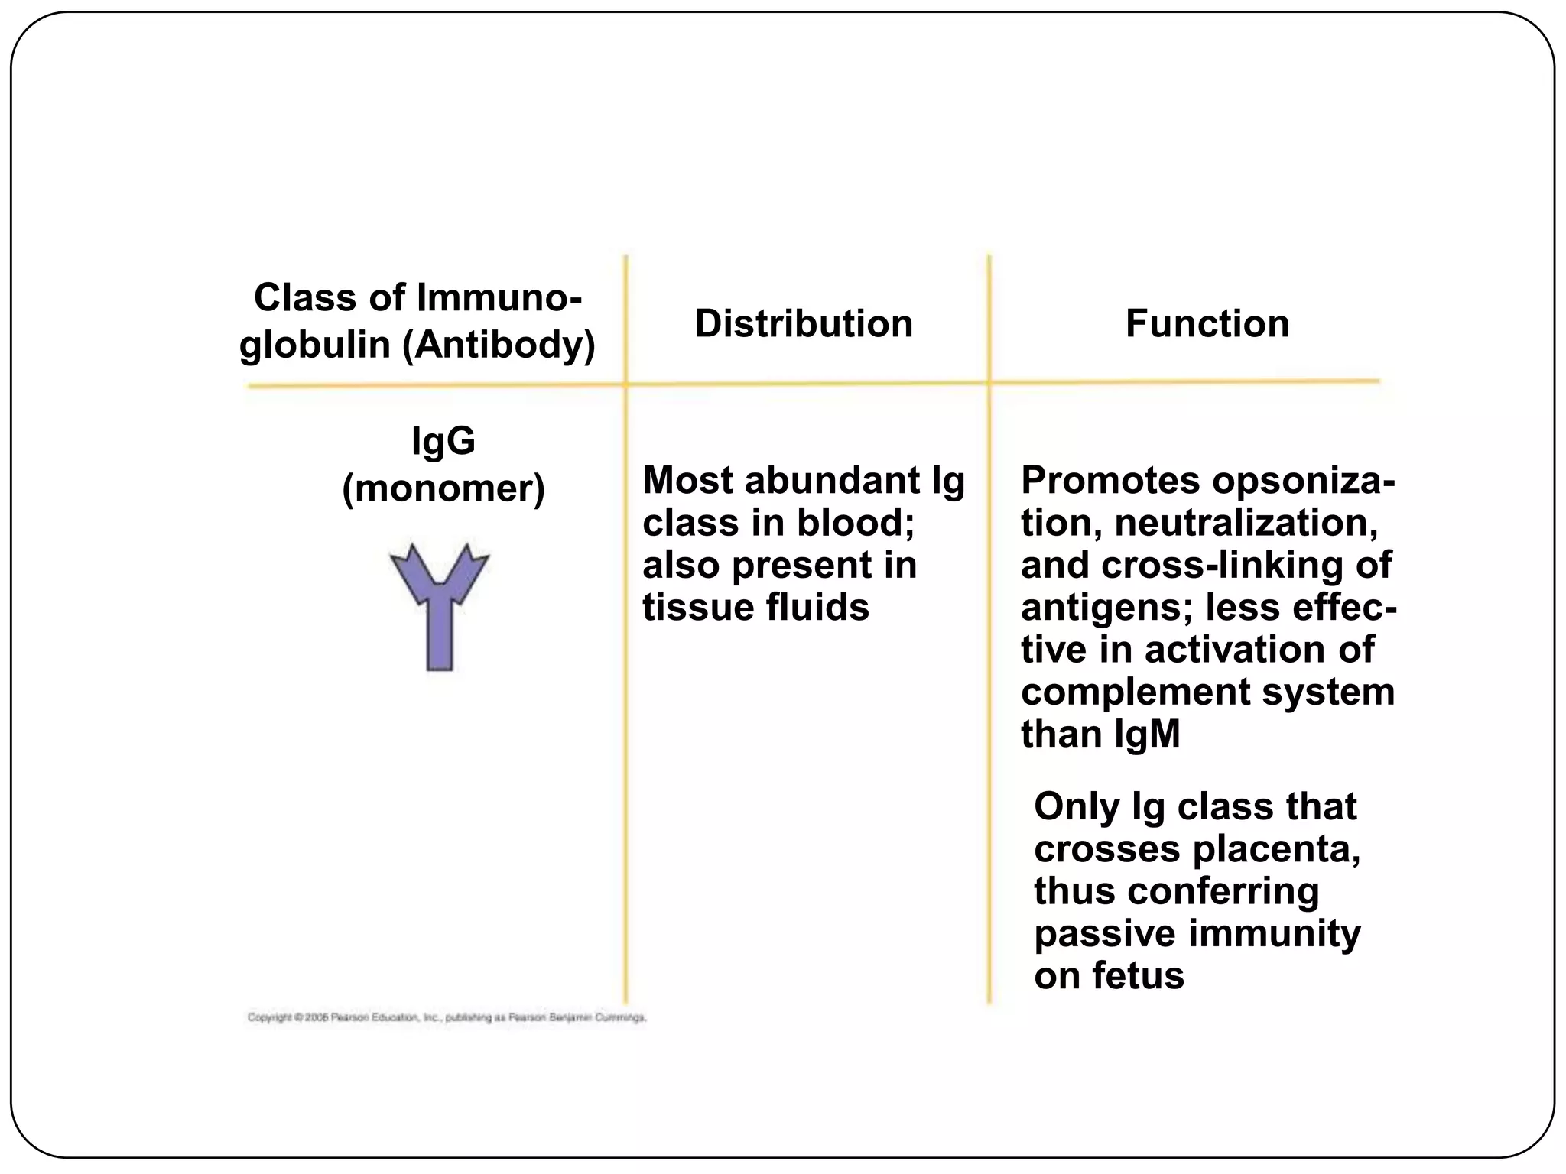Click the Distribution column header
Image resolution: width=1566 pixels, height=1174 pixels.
[x=804, y=323]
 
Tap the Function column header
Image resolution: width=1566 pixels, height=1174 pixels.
[x=1207, y=323]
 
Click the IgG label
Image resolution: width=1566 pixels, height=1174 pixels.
[x=443, y=441]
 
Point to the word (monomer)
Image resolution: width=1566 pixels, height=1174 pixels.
[x=443, y=489]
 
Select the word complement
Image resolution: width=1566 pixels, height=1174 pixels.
[x=1134, y=692]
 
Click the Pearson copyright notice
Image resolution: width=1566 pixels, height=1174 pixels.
[x=447, y=1018]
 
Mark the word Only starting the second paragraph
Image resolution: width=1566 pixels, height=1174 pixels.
[x=1076, y=807]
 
